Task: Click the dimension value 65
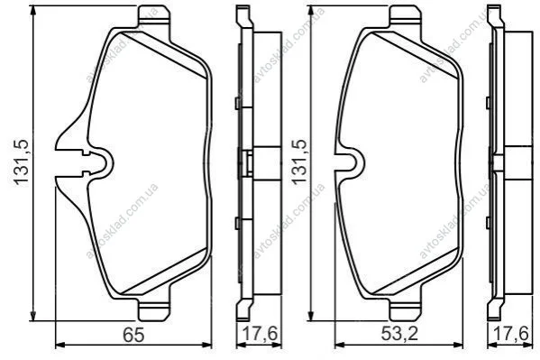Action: pos(134,334)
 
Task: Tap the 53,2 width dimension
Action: pos(399,334)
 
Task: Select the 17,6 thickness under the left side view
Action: pos(260,334)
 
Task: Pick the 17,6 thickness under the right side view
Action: pos(511,334)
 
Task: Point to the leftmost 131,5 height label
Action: pos(22,162)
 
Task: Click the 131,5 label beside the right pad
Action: pos(299,162)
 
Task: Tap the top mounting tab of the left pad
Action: pos(153,15)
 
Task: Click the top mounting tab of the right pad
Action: pos(406,15)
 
